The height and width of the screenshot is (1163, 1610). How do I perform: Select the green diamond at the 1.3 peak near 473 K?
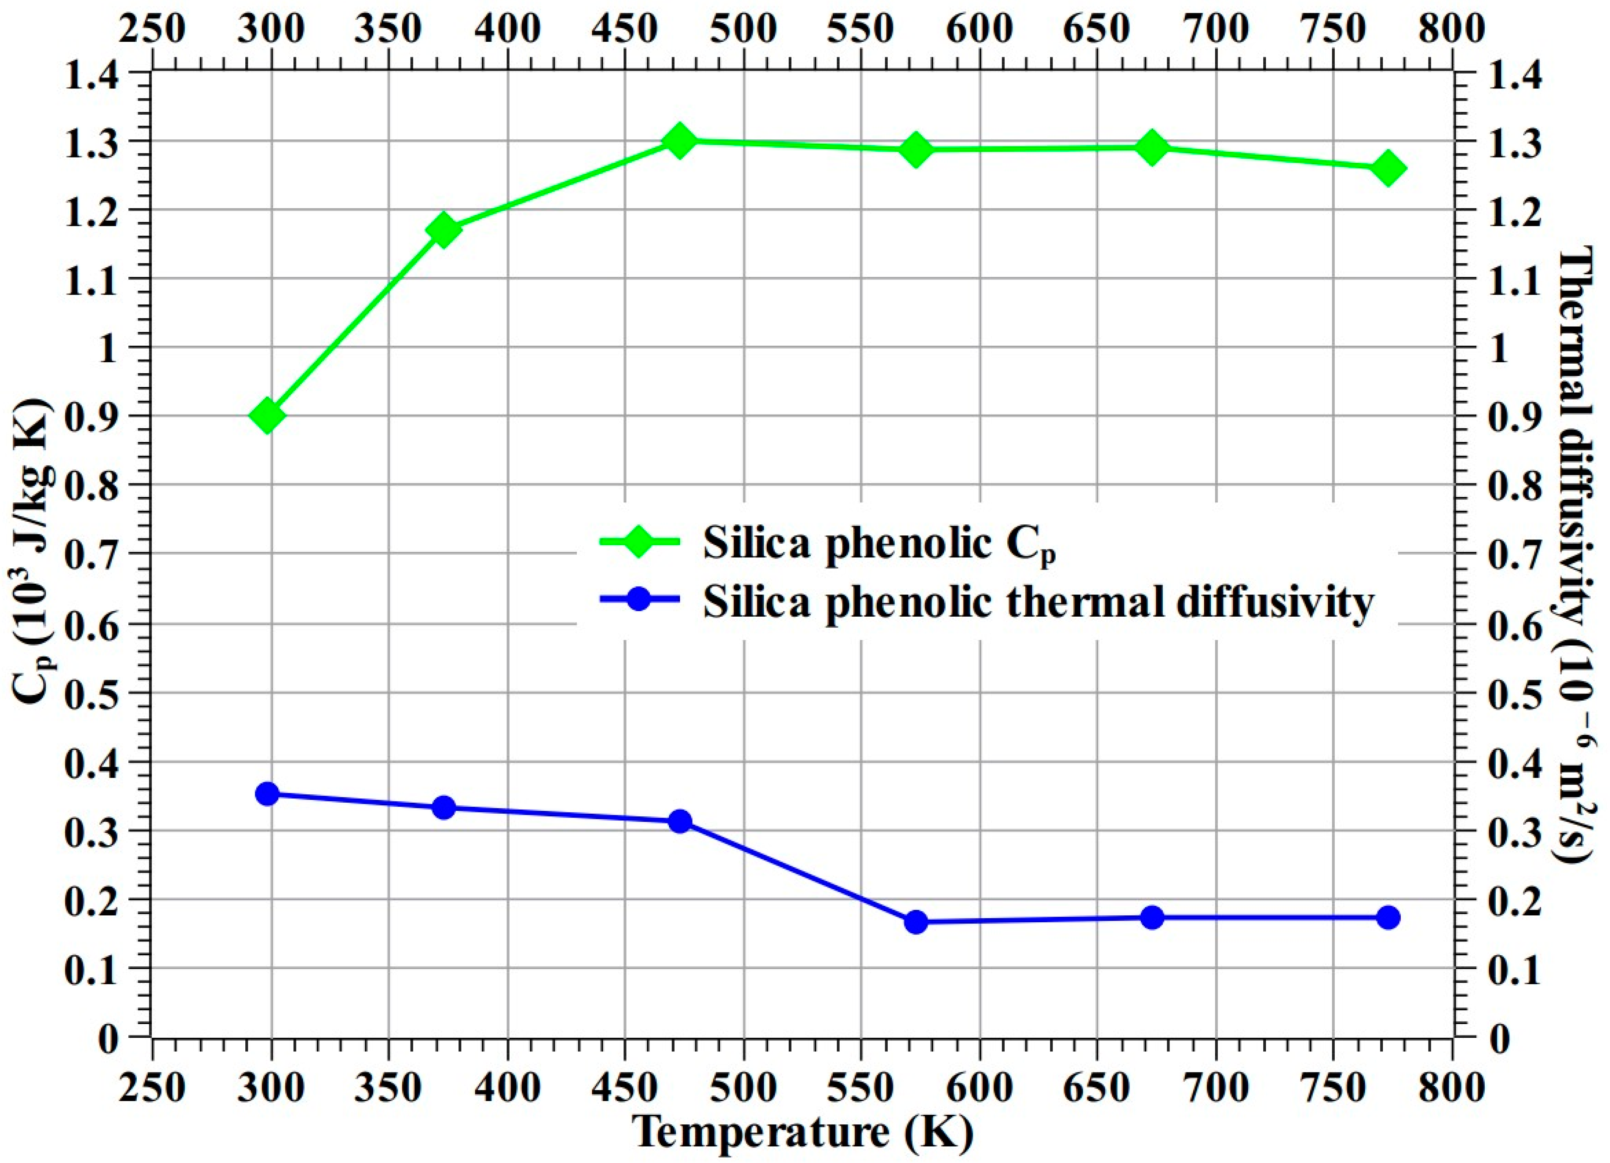click(679, 140)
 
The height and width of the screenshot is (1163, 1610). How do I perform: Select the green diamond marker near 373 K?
click(444, 230)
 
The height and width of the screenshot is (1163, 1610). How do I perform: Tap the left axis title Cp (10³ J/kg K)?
click(32, 550)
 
